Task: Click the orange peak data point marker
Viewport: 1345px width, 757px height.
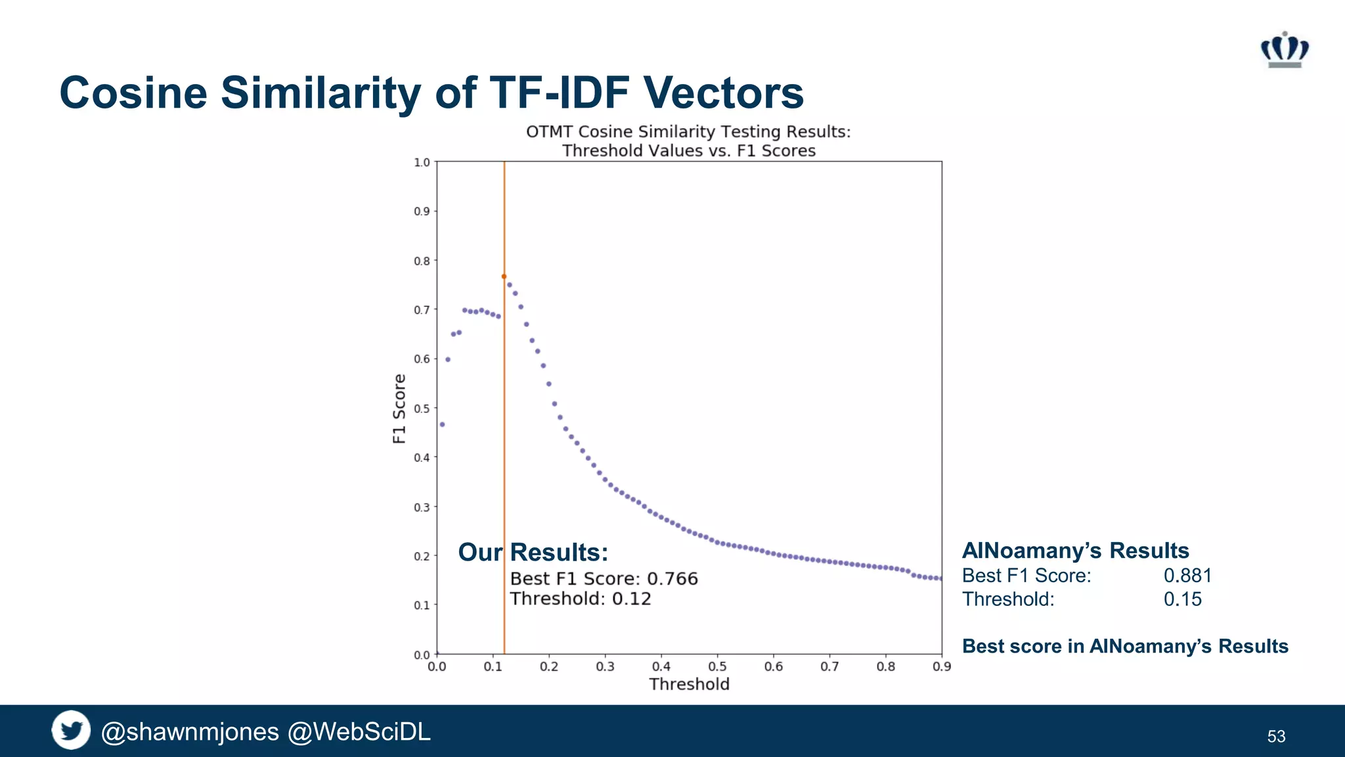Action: coord(504,277)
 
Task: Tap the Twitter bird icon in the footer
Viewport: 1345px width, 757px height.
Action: coord(71,730)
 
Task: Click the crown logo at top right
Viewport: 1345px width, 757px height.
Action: coord(1285,50)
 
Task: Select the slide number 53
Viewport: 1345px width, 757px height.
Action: coord(1276,737)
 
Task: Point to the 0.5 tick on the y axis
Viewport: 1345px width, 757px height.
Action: coord(422,409)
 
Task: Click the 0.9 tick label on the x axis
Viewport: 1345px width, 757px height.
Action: coord(941,667)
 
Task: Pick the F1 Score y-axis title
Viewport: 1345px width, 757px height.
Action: coord(399,409)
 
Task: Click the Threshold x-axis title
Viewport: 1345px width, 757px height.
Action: coord(689,685)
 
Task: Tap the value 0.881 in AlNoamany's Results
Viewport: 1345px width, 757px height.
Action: coord(1187,576)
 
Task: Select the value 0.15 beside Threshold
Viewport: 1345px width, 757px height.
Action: coord(1182,599)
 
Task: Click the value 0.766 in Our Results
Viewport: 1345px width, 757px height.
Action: coord(672,579)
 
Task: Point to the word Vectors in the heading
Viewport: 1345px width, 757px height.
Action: coord(723,93)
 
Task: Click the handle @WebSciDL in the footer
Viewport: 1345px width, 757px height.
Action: coord(359,732)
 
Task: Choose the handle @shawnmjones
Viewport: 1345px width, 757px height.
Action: coord(190,732)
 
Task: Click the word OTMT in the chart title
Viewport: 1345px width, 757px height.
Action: coord(550,132)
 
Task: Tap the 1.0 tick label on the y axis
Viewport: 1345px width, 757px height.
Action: coord(422,162)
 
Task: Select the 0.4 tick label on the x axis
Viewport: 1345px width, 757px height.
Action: coord(661,667)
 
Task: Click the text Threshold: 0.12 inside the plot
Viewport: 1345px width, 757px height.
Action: coord(581,599)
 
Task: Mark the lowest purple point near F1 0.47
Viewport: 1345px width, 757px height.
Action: coord(443,424)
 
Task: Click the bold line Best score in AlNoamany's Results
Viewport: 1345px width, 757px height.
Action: coord(1125,647)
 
